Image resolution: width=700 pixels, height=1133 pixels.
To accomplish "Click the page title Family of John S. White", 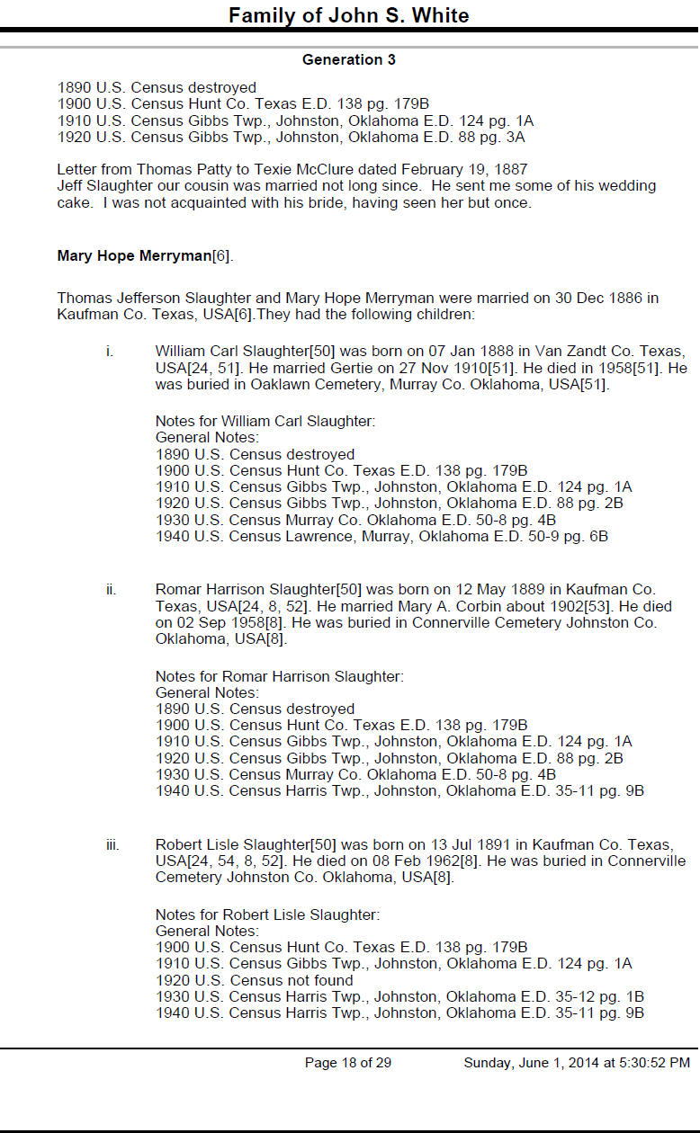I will point(348,15).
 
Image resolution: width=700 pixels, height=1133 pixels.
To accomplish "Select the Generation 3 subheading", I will point(348,60).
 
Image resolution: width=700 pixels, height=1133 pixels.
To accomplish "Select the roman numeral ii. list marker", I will point(111,590).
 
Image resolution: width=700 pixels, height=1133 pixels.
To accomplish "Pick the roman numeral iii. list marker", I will point(112,844).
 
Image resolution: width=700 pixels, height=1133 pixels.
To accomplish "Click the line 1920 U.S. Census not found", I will point(255,980).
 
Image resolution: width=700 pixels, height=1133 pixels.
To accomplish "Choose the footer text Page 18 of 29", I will point(348,1063).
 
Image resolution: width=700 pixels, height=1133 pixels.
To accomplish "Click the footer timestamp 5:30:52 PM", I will point(649,1063).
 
